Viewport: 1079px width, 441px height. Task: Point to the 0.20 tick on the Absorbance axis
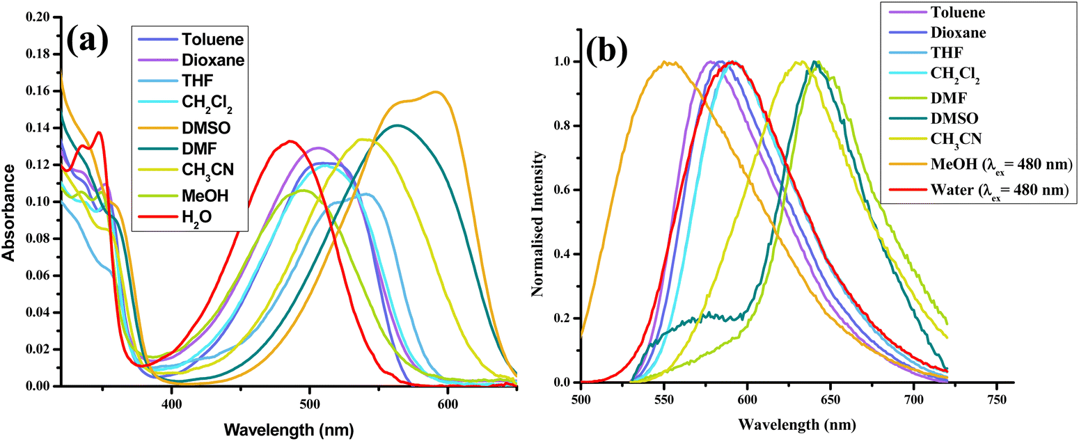[x=39, y=17]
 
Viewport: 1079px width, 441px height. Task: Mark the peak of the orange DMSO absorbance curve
[x=436, y=92]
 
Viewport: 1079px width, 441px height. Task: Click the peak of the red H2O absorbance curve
[x=291, y=141]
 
